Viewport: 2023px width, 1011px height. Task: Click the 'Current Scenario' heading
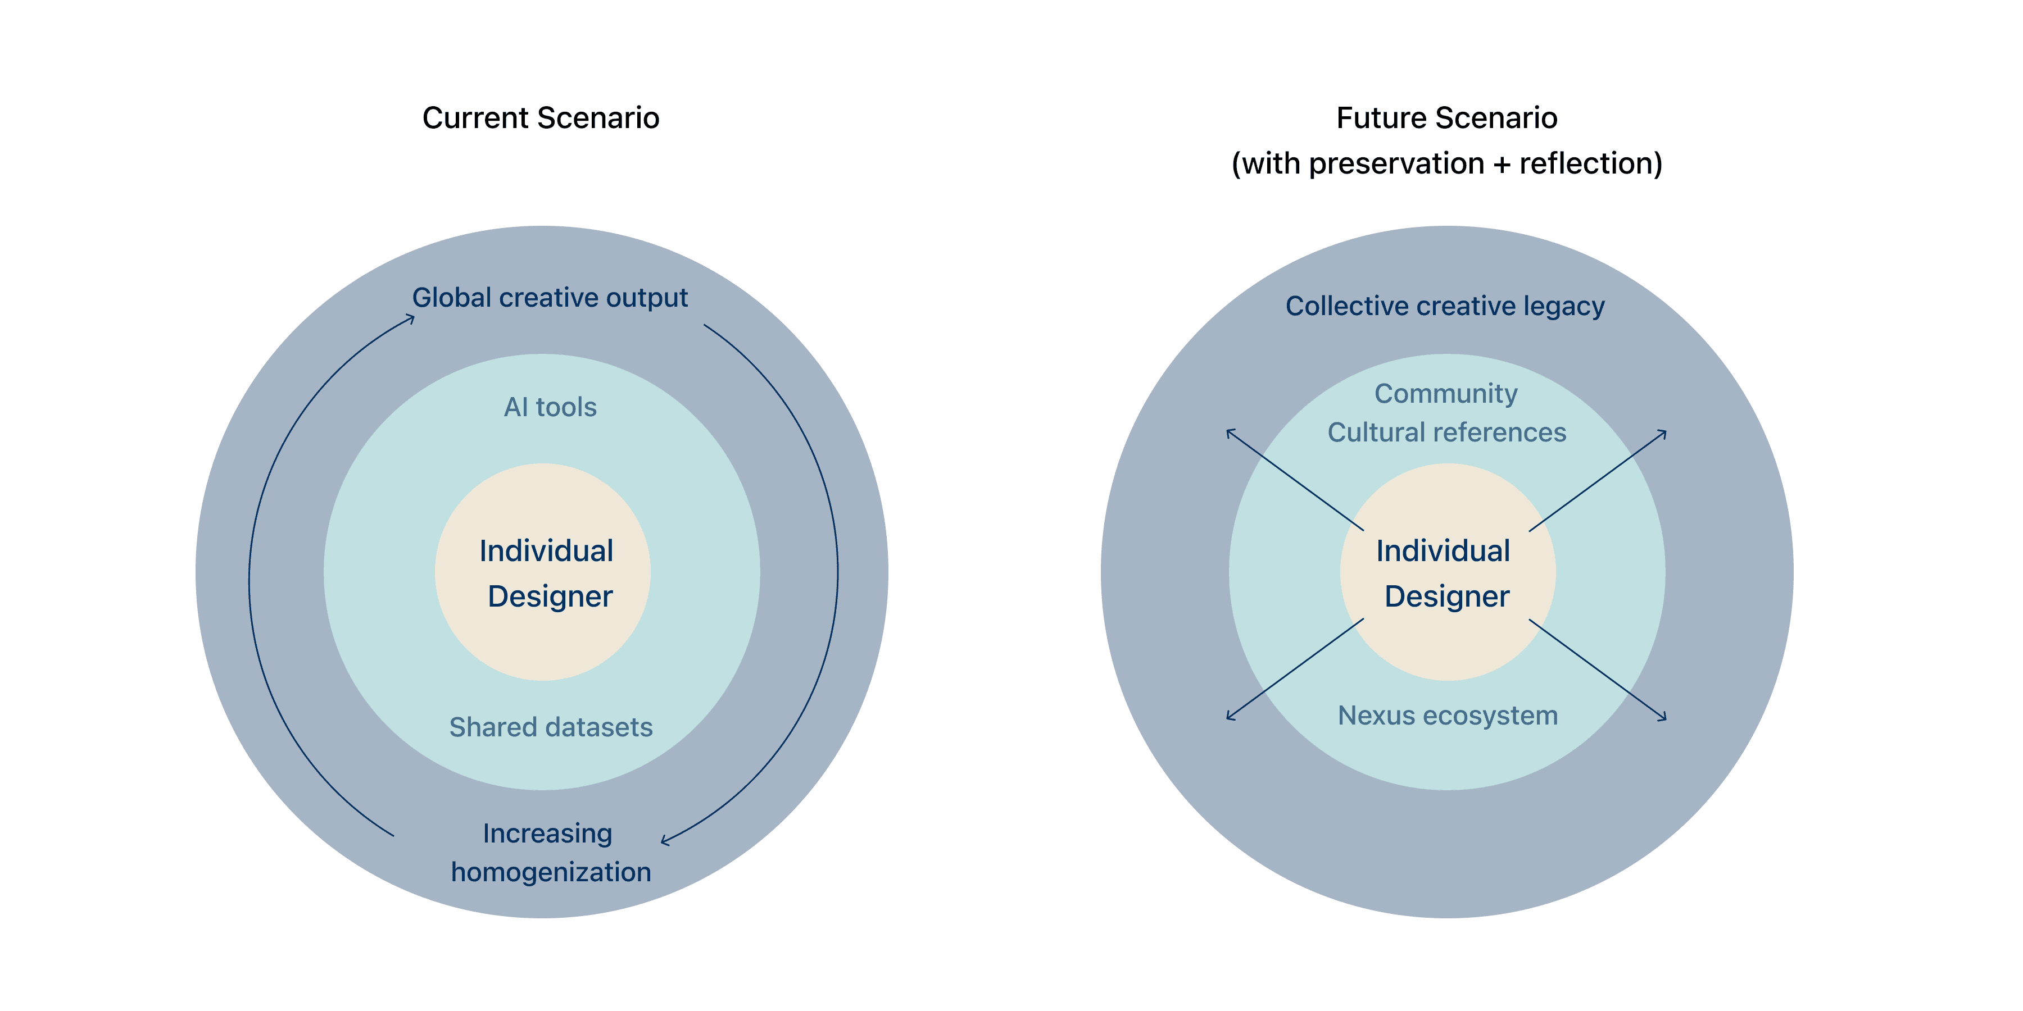pyautogui.click(x=540, y=118)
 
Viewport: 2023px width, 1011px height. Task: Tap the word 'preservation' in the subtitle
pyautogui.click(x=1396, y=163)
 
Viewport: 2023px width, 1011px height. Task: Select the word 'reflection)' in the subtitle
pyautogui.click(x=1590, y=163)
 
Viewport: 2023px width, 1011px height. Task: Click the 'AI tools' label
pyautogui.click(x=550, y=407)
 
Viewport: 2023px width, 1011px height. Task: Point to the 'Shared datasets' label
pyautogui.click(x=551, y=727)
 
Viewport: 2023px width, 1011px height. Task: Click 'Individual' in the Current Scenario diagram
pyautogui.click(x=546, y=551)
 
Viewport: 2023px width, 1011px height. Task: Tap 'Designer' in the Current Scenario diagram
pyautogui.click(x=550, y=596)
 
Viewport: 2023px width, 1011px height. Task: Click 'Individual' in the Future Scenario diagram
pyautogui.click(x=1443, y=551)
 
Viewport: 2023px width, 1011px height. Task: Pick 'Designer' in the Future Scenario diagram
pyautogui.click(x=1446, y=596)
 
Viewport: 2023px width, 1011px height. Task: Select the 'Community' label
pyautogui.click(x=1446, y=393)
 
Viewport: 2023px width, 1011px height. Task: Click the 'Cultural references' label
pyautogui.click(x=1446, y=432)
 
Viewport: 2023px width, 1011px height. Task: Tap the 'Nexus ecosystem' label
pyautogui.click(x=1448, y=715)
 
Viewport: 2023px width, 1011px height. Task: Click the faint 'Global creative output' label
pyautogui.click(x=550, y=298)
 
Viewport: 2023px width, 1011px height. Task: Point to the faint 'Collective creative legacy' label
pyautogui.click(x=1445, y=306)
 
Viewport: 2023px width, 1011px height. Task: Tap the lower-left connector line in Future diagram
pyautogui.click(x=1314, y=655)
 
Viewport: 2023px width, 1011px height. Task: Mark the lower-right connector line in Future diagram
pyautogui.click(x=1579, y=656)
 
